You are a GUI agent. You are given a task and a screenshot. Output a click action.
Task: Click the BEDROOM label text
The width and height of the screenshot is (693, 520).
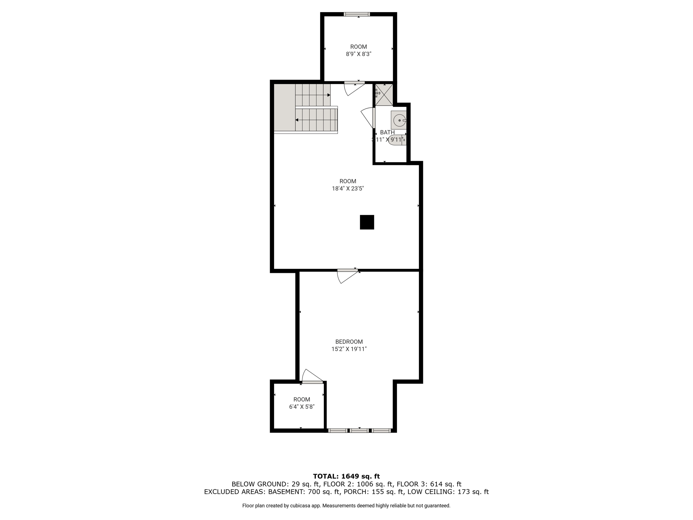[x=349, y=342]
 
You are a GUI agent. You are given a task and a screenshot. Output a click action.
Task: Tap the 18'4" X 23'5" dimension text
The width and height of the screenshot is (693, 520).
[x=348, y=189]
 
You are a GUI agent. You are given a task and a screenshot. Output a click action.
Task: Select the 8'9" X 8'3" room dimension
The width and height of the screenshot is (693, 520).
[x=358, y=54]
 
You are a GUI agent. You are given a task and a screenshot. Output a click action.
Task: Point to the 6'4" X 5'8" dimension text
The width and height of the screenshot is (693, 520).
[x=301, y=407]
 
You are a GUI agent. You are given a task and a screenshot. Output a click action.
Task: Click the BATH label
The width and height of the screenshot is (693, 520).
[x=387, y=132]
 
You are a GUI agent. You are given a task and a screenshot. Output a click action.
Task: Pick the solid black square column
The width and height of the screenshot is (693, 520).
[x=367, y=222]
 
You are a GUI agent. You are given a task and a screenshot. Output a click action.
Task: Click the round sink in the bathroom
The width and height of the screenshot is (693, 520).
[x=399, y=120]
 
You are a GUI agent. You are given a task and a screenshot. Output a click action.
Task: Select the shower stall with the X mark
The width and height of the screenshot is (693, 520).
[x=384, y=94]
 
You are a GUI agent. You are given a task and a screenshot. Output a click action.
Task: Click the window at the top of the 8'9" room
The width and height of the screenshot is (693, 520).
[x=357, y=14]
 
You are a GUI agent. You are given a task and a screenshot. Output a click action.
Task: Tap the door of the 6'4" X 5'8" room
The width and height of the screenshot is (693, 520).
[x=312, y=376]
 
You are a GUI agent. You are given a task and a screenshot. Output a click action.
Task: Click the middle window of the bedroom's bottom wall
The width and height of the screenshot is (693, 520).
[x=359, y=431]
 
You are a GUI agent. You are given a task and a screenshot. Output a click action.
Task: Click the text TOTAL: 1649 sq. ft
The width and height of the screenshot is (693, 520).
[x=346, y=476]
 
